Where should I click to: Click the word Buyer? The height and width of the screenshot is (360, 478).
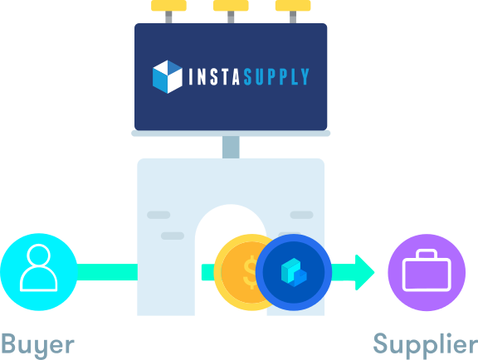(x=38, y=344)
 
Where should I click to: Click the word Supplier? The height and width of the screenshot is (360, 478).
(x=426, y=344)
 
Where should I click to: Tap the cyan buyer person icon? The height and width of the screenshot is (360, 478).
(x=39, y=272)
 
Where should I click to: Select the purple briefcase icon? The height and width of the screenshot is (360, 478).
(x=427, y=272)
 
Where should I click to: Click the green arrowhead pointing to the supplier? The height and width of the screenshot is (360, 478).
(x=364, y=272)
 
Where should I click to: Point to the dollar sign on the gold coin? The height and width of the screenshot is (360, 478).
(x=251, y=272)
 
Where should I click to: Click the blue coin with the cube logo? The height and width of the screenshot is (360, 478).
(x=294, y=272)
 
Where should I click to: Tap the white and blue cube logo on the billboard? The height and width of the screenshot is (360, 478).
(x=168, y=77)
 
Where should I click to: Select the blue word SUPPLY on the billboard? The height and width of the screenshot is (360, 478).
(x=276, y=76)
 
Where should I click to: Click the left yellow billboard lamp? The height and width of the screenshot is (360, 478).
(x=168, y=6)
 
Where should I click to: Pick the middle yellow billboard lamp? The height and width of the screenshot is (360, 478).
(x=231, y=6)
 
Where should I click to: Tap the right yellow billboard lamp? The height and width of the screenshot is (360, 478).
(x=293, y=6)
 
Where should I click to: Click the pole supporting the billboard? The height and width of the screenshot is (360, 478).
(x=231, y=147)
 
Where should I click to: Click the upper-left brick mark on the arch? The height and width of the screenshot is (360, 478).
(x=159, y=215)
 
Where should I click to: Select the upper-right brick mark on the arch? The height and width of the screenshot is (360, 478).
(x=301, y=215)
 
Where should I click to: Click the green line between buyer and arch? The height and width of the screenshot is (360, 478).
(x=107, y=272)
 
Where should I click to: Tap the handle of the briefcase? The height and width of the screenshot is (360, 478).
(x=427, y=254)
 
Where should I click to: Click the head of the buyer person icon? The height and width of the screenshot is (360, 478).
(x=39, y=255)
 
